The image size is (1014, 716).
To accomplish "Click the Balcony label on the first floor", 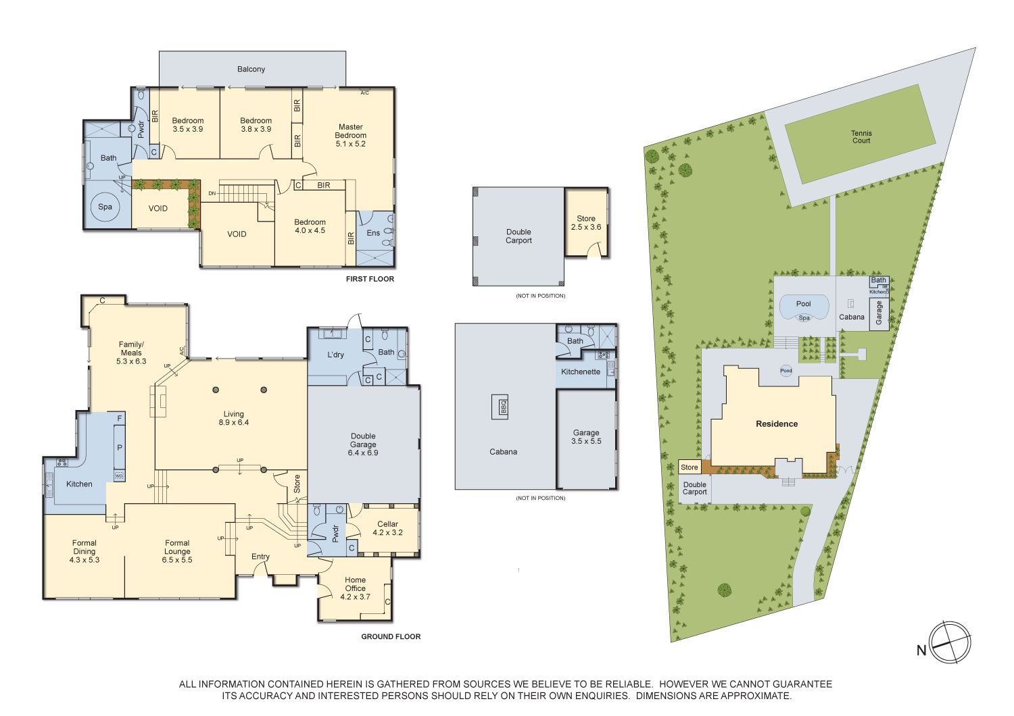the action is [251, 69].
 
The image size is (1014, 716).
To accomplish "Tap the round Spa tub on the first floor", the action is [105, 207].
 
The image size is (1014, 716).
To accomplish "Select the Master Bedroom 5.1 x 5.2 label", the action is [350, 135].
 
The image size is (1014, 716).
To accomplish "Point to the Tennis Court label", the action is [861, 136].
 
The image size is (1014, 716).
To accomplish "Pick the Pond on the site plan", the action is [786, 370].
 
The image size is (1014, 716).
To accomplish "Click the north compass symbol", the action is [950, 642].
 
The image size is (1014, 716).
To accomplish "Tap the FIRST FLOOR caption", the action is [370, 279].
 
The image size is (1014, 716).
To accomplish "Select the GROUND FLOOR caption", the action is [391, 636].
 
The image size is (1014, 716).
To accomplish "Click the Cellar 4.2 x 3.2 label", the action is [387, 528].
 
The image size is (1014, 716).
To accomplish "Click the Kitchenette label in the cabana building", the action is [580, 372].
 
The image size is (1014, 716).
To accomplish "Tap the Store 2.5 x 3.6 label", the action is [586, 223].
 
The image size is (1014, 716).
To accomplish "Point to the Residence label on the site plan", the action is [777, 424].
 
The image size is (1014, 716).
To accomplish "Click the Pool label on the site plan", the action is [804, 304].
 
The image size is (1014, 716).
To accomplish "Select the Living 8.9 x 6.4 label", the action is [234, 418].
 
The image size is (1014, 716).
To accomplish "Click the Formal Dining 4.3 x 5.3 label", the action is [84, 551].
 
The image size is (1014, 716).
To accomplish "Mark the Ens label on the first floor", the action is [373, 233].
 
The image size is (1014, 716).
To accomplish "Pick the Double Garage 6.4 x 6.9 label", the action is [363, 444].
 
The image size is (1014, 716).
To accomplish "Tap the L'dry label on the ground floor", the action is [335, 355].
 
